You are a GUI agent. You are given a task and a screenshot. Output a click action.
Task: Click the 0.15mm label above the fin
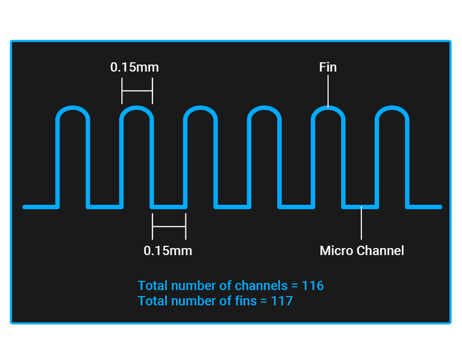135,67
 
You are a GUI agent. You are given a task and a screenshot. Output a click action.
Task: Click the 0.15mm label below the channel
168,251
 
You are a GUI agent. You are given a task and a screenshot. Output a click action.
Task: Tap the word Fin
328,67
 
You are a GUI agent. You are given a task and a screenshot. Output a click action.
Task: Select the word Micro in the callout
337,251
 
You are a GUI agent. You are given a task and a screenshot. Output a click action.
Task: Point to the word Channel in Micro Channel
380,251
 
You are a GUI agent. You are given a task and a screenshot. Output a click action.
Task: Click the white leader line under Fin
328,91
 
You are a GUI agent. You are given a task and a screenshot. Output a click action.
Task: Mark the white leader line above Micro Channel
362,223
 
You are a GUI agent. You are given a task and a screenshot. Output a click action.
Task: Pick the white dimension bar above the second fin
137,91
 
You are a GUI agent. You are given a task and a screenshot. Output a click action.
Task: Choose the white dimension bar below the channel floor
169,227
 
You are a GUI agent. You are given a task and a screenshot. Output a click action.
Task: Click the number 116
313,286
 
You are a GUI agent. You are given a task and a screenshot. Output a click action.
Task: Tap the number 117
282,301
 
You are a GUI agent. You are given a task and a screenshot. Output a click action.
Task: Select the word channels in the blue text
261,286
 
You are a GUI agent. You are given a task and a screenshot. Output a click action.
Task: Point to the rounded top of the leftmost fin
73,108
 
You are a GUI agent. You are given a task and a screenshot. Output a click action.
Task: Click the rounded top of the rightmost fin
392,108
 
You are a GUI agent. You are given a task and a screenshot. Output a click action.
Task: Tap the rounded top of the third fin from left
200,108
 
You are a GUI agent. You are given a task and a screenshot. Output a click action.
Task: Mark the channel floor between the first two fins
105,207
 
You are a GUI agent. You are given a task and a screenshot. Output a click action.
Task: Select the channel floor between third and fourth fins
233,207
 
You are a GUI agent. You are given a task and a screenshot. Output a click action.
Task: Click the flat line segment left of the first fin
41,207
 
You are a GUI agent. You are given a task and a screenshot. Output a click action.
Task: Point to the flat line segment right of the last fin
424,207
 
